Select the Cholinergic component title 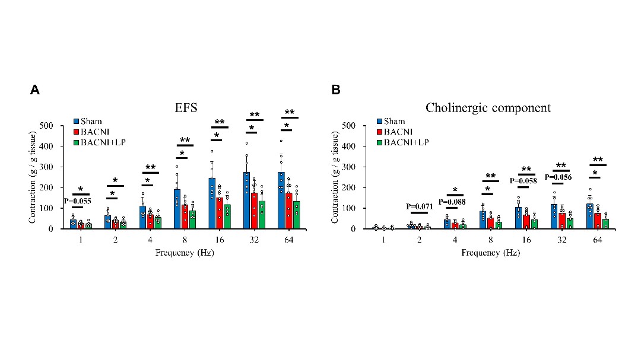click(x=488, y=108)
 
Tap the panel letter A click(x=35, y=90)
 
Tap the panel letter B click(x=336, y=90)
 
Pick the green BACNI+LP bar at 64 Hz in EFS click(x=297, y=215)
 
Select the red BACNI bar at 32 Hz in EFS click(x=254, y=211)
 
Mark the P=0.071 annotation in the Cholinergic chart click(x=421, y=207)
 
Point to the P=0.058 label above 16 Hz click(x=525, y=180)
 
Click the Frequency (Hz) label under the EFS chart click(x=185, y=253)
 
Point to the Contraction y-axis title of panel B click(x=337, y=177)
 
